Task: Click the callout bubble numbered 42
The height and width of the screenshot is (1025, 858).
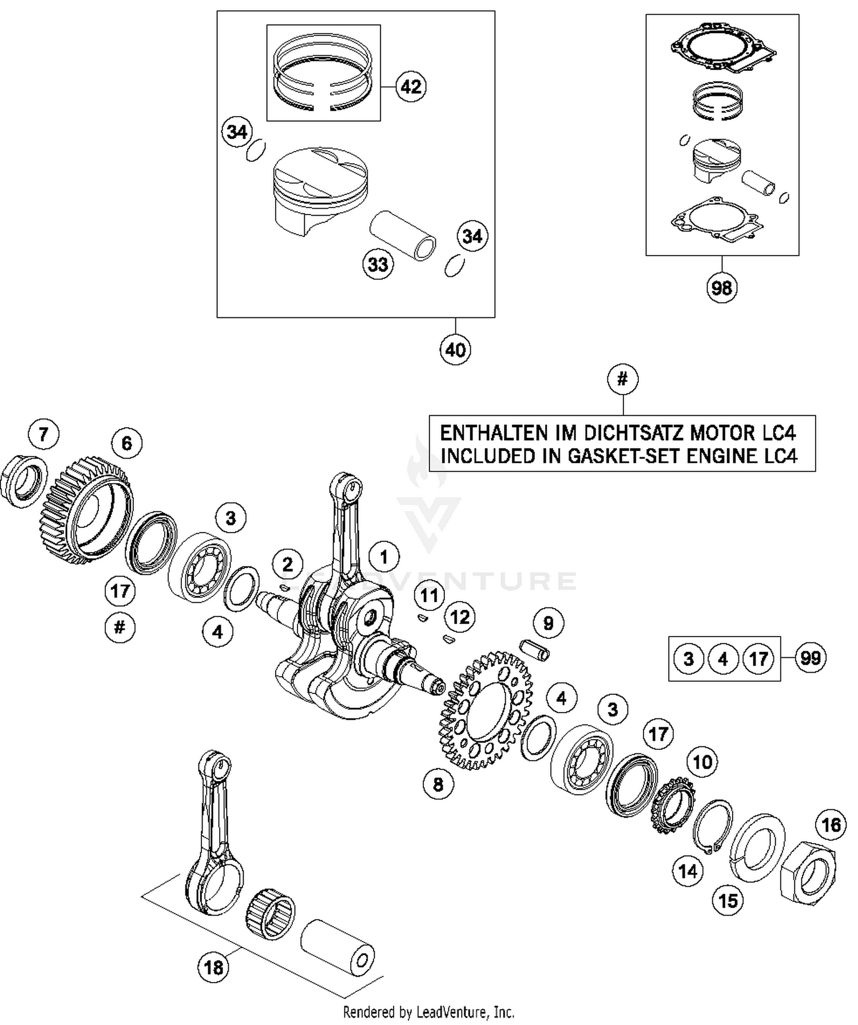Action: click(x=411, y=87)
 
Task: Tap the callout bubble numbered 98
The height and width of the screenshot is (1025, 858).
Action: click(x=721, y=287)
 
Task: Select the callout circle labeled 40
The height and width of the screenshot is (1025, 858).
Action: click(x=455, y=349)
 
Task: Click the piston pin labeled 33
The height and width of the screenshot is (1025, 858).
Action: click(x=403, y=235)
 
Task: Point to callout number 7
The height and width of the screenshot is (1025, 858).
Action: click(x=43, y=434)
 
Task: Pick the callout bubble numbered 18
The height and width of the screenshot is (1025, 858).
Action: click(x=213, y=968)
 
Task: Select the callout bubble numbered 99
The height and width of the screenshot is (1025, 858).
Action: click(x=811, y=658)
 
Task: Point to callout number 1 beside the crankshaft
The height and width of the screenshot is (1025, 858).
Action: click(x=384, y=557)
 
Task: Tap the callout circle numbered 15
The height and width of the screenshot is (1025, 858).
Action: click(x=728, y=901)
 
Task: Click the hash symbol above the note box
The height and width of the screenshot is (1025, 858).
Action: click(x=623, y=379)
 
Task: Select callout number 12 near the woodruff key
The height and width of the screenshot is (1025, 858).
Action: click(x=460, y=617)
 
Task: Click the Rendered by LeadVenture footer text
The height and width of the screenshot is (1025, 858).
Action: click(x=428, y=1012)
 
